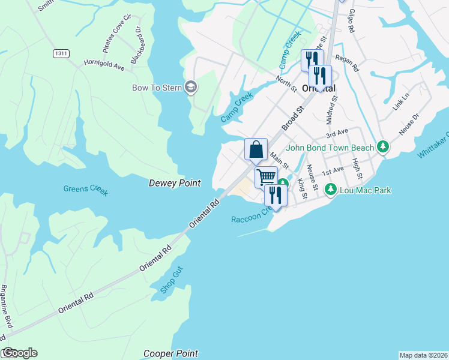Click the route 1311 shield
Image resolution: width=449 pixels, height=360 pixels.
(x=61, y=53)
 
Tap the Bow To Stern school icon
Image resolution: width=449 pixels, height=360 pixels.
(x=192, y=88)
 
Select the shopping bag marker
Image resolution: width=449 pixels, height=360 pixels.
(x=256, y=149)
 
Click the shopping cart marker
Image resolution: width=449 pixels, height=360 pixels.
(x=266, y=177)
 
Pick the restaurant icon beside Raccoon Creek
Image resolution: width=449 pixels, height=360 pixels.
(x=276, y=195)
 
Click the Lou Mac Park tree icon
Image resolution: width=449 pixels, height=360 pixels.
(x=330, y=190)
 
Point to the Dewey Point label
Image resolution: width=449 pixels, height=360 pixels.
(x=174, y=183)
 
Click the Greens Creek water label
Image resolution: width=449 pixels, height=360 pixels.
(x=86, y=190)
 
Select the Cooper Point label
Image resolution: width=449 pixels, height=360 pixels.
(x=170, y=353)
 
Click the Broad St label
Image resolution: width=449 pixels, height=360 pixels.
(x=294, y=119)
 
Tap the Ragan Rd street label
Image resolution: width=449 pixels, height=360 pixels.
(x=348, y=63)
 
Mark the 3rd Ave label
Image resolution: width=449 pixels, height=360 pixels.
(x=337, y=133)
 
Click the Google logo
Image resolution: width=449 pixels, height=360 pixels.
(x=19, y=353)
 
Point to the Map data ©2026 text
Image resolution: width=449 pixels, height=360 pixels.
(x=423, y=355)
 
